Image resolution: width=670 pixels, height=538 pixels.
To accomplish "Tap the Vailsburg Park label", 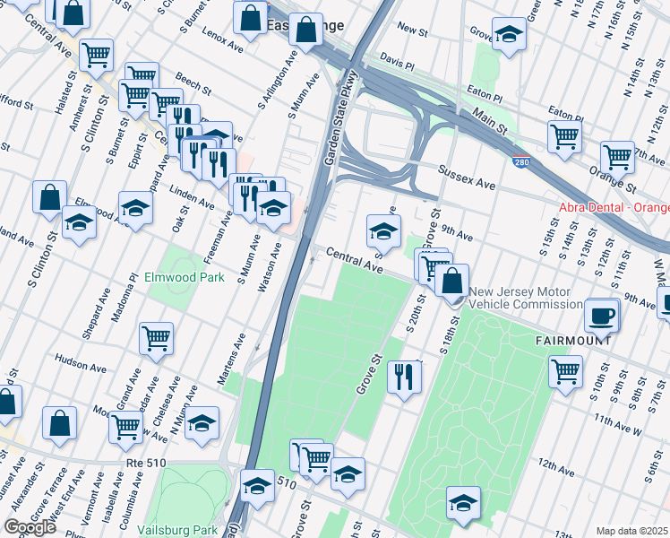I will click(177, 530).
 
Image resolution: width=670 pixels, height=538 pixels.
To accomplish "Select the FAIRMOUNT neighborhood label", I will click(573, 341).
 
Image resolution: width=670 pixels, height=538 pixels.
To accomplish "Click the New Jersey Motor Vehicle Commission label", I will click(526, 298).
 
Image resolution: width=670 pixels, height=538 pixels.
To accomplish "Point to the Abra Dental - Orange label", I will click(614, 207).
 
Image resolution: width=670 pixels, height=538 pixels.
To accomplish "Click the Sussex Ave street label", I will click(467, 176).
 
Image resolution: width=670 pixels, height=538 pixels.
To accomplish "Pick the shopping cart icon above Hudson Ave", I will click(156, 338).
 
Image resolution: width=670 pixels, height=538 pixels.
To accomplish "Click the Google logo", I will click(30, 527).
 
